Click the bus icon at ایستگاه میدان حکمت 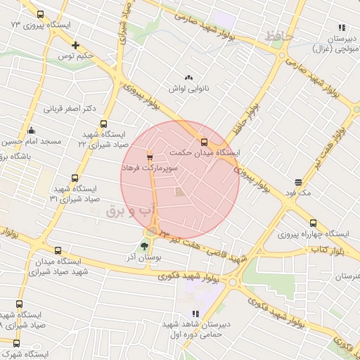pos(204,141)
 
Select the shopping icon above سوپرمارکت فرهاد pos(149,157)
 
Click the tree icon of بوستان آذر pos(144,245)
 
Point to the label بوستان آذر pos(147,258)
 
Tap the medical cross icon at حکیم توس pos(75,45)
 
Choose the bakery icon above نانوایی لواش pos(188,77)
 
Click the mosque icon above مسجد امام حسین pos(31,130)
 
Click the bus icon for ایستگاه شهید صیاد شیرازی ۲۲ pos(103,124)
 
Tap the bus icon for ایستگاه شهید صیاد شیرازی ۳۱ pos(75,179)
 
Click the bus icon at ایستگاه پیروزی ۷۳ pos(39,15)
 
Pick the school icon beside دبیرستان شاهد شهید pos(195,314)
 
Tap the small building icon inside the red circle pos(179,191)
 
